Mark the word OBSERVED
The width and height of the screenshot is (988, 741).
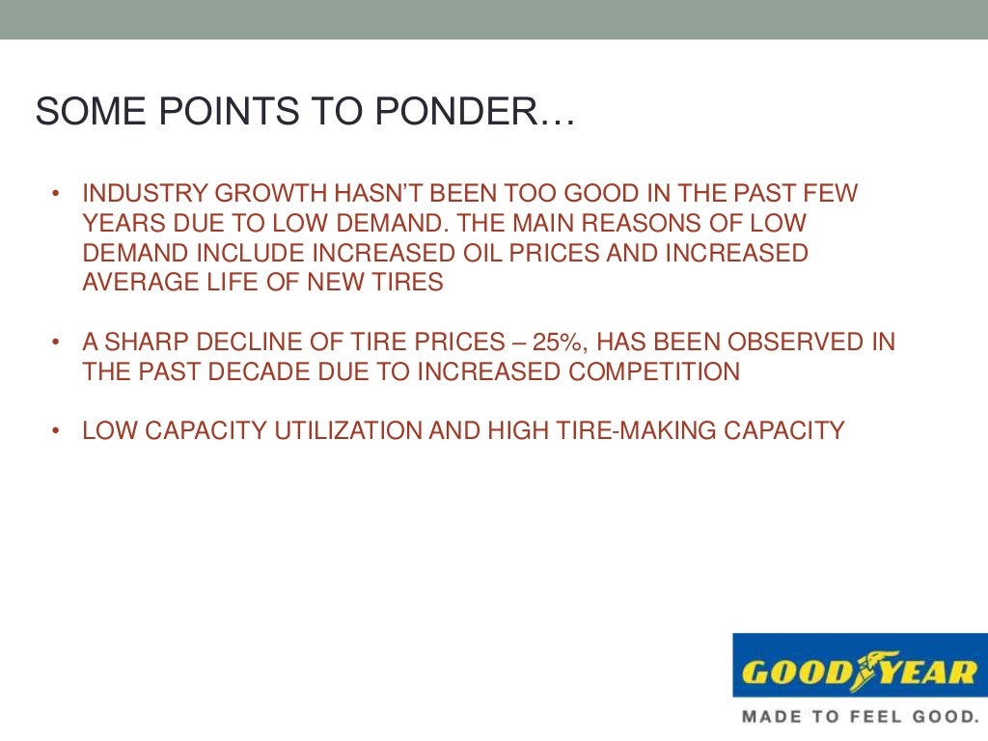(x=780, y=343)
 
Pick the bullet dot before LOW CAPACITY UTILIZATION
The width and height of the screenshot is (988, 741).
(x=57, y=431)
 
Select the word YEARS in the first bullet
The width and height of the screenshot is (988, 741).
(x=120, y=224)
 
